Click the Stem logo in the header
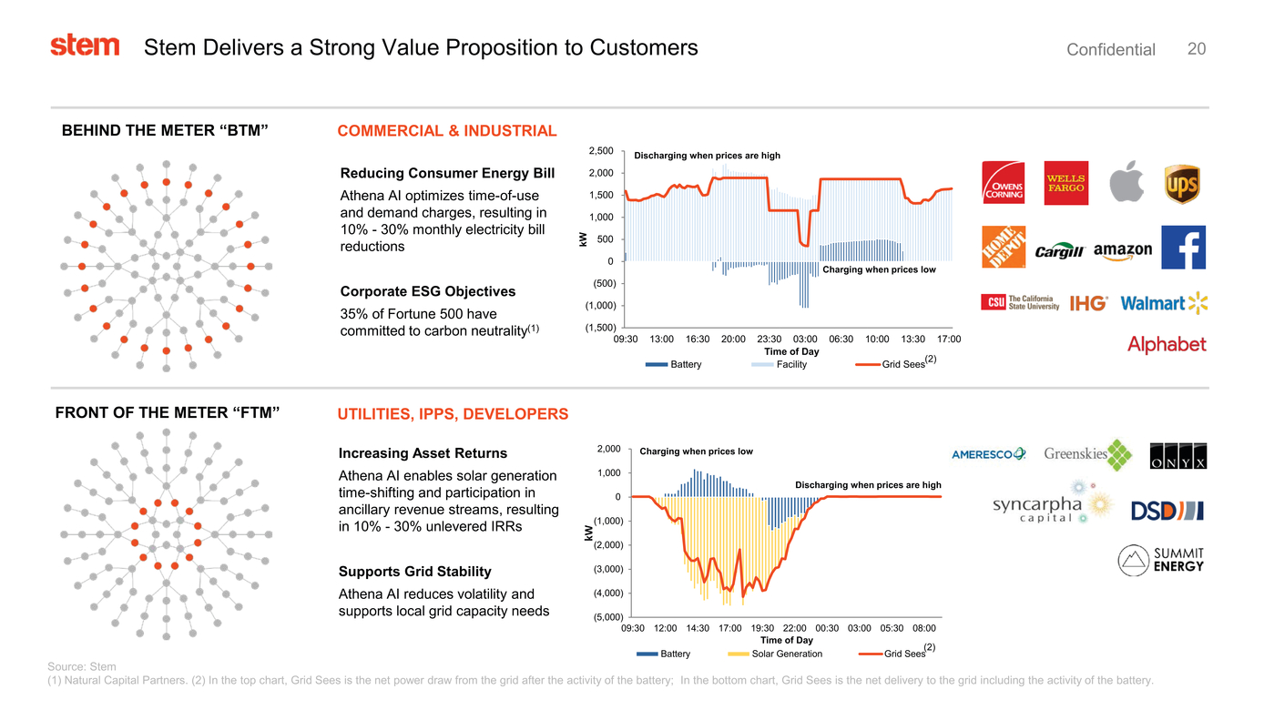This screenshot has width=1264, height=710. (x=85, y=46)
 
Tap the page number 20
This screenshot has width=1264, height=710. (x=1197, y=49)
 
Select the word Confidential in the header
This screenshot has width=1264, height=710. (x=1110, y=50)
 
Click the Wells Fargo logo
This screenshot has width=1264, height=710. (x=1065, y=183)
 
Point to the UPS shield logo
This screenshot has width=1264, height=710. (x=1182, y=184)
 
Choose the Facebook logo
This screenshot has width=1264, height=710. (x=1184, y=248)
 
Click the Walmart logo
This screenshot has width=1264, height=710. (x=1163, y=303)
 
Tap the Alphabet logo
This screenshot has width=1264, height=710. (x=1166, y=344)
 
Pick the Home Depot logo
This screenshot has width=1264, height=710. (x=1003, y=248)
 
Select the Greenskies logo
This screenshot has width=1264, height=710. (x=1087, y=454)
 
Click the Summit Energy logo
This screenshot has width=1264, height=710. (x=1161, y=560)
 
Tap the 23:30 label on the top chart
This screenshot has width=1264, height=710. (x=770, y=340)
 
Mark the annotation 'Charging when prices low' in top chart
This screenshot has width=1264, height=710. (x=878, y=269)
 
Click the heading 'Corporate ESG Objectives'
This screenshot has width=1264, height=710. (x=427, y=291)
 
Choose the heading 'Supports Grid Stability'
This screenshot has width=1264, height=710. (x=414, y=572)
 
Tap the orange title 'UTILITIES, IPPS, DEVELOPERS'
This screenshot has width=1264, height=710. (x=453, y=414)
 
